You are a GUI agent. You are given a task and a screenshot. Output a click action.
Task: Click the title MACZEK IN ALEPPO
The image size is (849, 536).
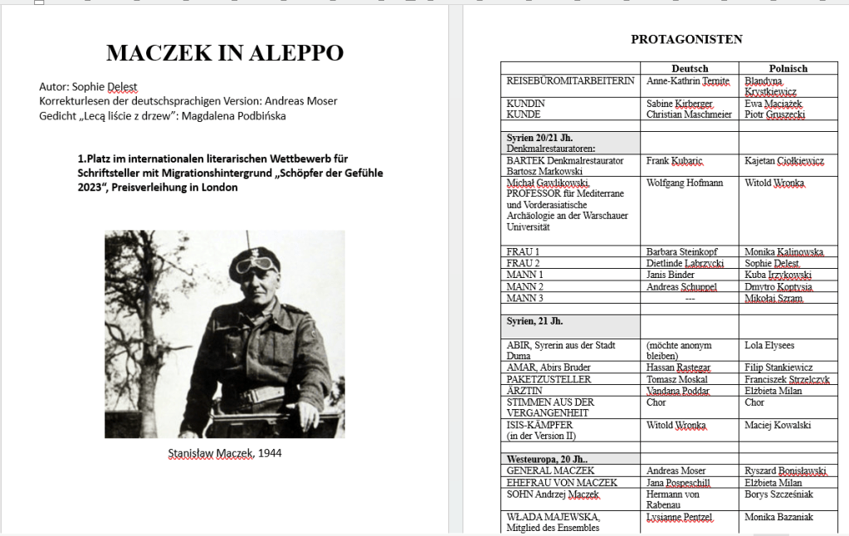(x=225, y=53)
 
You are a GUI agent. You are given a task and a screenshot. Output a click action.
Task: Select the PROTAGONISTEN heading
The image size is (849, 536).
(x=686, y=39)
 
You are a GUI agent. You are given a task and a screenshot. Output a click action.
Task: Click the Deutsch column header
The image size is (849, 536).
(x=690, y=68)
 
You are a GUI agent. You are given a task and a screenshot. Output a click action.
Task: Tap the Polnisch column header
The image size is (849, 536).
(x=788, y=68)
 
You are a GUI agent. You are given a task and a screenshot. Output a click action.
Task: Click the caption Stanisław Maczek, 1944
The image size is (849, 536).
(x=224, y=453)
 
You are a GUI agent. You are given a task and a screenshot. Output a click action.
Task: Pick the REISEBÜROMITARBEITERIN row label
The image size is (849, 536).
(x=570, y=80)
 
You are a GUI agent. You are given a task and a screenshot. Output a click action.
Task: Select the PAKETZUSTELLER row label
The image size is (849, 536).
(x=549, y=379)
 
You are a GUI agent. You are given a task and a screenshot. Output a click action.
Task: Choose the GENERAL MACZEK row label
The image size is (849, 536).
(x=550, y=470)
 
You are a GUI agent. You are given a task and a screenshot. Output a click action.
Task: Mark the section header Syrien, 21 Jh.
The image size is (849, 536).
(x=541, y=320)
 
